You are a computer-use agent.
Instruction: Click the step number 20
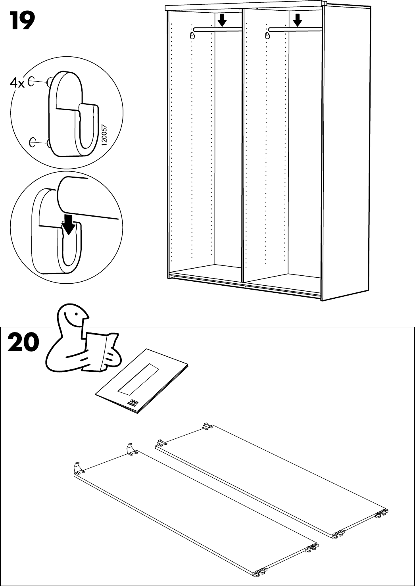click(x=23, y=342)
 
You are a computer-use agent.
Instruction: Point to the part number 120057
click(x=104, y=135)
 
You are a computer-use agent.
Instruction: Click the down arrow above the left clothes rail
click(x=223, y=19)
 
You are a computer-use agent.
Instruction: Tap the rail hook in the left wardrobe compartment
click(x=192, y=36)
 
